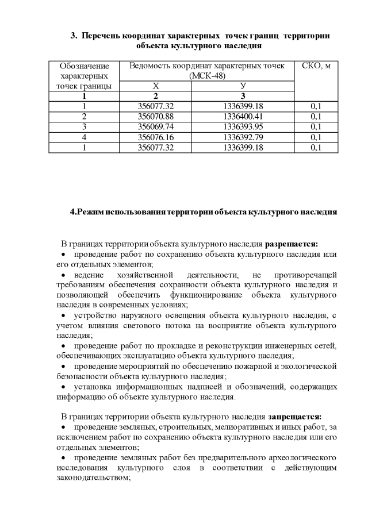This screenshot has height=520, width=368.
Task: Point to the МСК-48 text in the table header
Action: pyautogui.click(x=207, y=76)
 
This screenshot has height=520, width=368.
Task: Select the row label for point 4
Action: pyautogui.click(x=84, y=137)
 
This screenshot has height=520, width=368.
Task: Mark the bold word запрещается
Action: pyautogui.click(x=294, y=416)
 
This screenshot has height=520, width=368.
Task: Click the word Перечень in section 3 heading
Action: pyautogui.click(x=103, y=36)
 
